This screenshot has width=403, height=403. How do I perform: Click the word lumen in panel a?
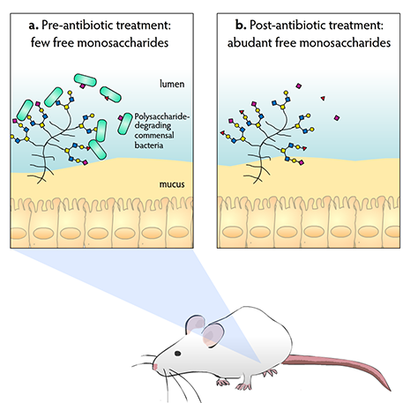coord(172,84)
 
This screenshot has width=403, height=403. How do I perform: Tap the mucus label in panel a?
coord(172,184)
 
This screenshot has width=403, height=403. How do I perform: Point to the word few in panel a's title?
coord(41,42)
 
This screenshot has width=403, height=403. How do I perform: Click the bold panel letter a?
coord(34,26)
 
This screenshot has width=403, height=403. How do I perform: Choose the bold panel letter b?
coord(241,25)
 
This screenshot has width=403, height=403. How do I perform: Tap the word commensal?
coord(154,136)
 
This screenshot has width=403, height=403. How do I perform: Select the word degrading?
coord(153,126)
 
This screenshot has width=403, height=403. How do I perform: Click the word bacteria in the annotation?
coord(149,146)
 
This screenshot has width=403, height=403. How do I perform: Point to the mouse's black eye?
coord(177,354)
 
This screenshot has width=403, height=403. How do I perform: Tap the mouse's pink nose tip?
coord(155,367)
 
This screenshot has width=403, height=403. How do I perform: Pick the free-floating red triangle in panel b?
coord(323,98)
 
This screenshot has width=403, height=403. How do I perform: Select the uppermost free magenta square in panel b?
coord(299,86)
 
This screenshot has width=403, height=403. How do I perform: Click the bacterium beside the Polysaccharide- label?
coord(125,123)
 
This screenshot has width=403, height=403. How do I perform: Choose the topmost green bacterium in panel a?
coord(86,80)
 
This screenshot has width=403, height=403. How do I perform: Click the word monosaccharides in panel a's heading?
coord(123,42)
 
